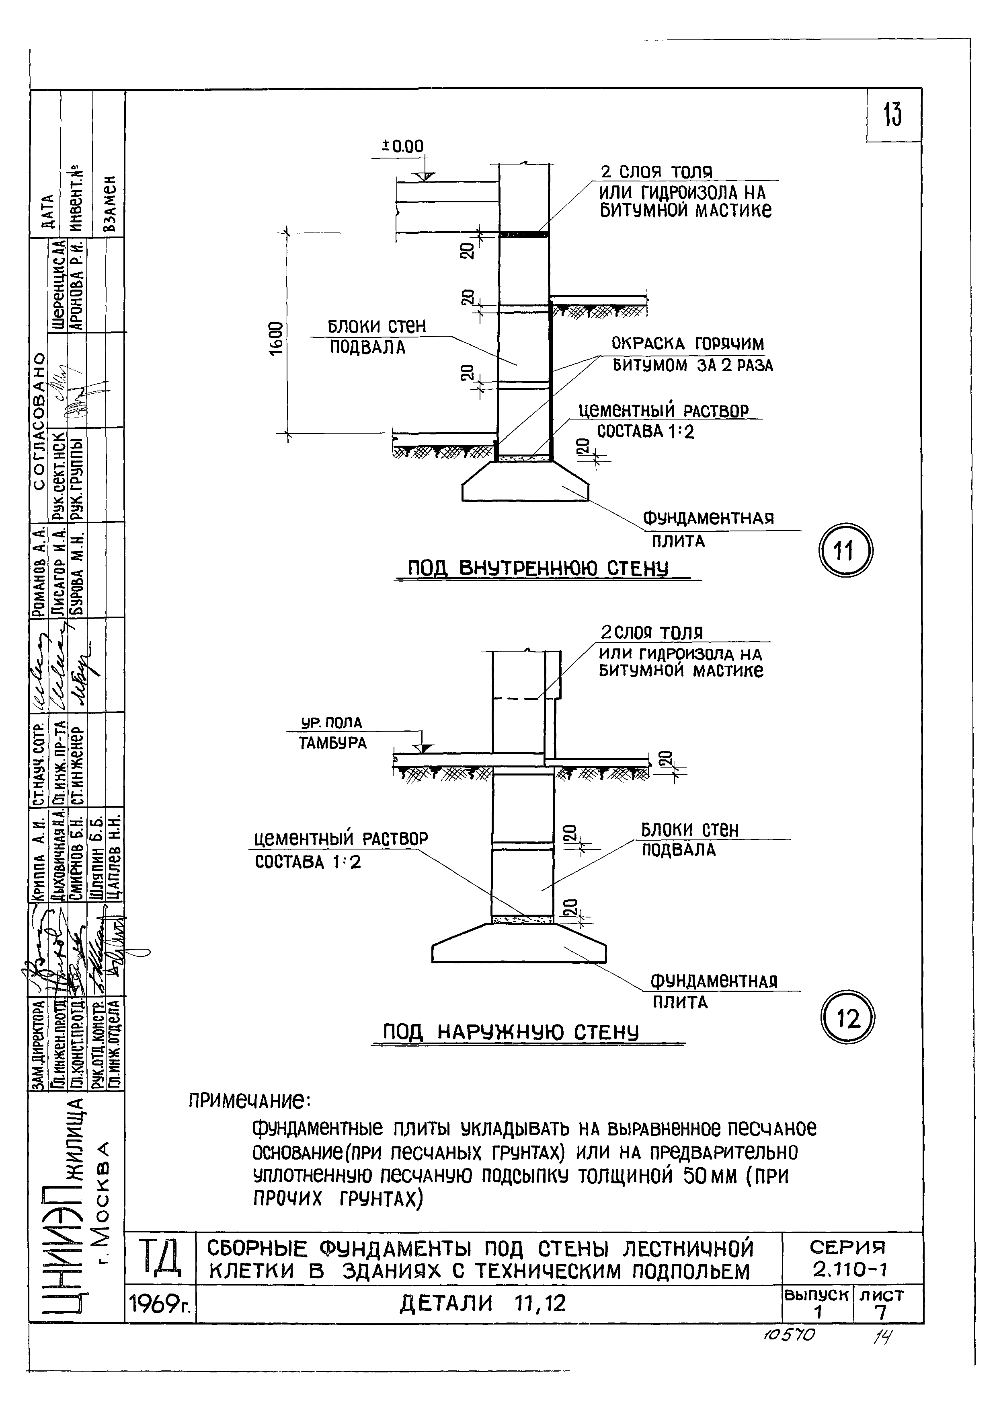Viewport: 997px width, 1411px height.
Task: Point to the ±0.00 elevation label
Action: tap(403, 146)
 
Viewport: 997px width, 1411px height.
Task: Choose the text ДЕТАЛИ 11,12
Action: tap(483, 1303)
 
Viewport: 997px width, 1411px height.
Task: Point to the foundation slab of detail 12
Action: tap(519, 945)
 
